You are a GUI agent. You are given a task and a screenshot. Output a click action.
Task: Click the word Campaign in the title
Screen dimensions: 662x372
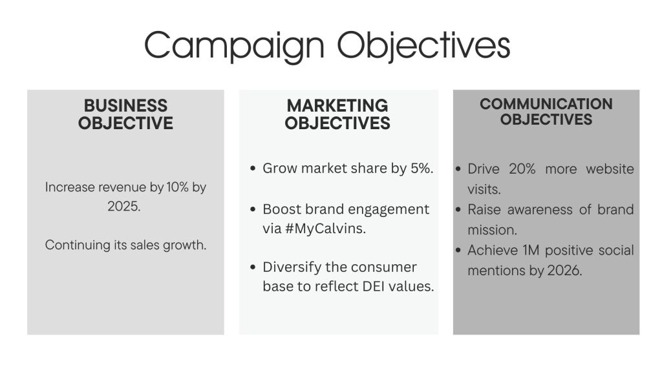pos(234,46)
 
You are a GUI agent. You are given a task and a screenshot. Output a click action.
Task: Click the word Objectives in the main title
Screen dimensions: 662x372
pos(423,46)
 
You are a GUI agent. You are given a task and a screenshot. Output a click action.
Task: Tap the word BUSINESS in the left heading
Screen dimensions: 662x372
pos(125,105)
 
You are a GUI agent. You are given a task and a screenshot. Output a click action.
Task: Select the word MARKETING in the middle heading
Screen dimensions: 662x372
pos(337,105)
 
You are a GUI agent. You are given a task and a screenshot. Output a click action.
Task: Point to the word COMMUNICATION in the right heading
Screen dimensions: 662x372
pos(546,104)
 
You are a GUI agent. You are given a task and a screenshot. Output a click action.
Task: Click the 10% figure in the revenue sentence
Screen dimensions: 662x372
pos(177,187)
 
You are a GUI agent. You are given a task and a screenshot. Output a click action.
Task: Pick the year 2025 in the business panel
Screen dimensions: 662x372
pos(123,206)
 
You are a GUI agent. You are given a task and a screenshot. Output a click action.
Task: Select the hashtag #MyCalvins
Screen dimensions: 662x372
pos(326,229)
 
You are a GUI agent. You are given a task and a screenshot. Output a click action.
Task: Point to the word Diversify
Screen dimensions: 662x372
pos(292,267)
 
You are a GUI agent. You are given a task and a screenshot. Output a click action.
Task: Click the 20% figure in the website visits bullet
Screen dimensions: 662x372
pos(522,169)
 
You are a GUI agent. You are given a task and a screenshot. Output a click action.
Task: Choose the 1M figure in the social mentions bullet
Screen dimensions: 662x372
pos(531,250)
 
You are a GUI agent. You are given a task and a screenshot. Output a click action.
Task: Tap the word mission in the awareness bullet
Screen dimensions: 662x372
pos(492,230)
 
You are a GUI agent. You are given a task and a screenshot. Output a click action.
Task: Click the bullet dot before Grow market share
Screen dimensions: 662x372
pos(253,169)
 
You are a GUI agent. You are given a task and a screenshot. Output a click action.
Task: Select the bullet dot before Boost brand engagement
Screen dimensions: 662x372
pos(253,209)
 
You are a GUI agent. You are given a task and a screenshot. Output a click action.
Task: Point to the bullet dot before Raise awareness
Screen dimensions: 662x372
pos(458,210)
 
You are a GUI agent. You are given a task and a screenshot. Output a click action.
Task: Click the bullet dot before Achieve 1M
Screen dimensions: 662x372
pos(458,250)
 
